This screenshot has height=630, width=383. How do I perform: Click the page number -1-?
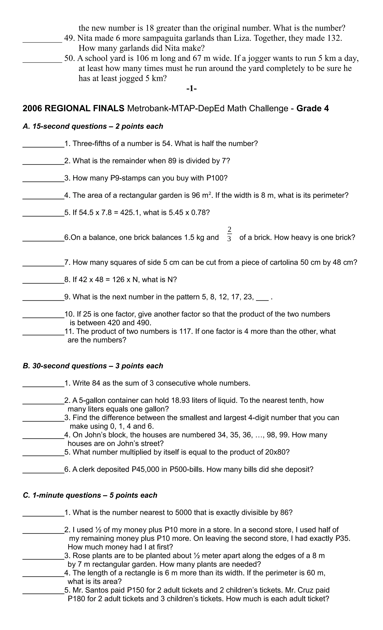191,89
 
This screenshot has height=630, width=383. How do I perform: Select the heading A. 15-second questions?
93,126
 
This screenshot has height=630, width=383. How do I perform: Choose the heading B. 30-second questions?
93,366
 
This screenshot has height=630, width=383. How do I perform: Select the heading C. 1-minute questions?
90,495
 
